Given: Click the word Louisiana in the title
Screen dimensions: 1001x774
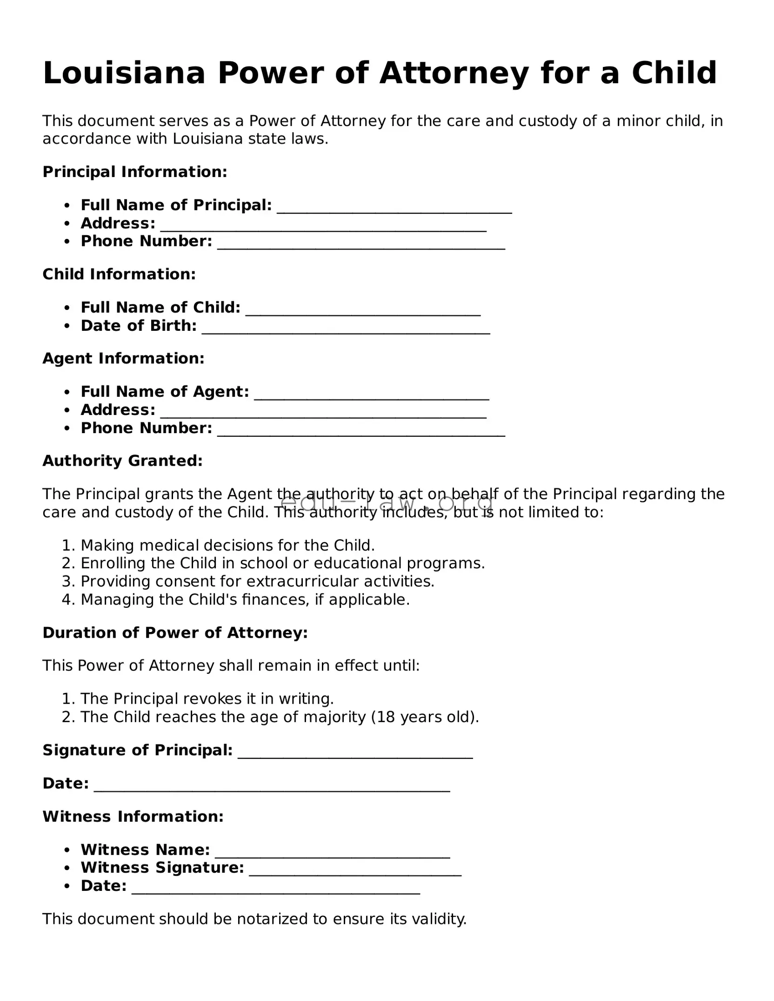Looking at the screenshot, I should [124, 73].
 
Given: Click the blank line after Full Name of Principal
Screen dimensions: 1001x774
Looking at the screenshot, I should [394, 207].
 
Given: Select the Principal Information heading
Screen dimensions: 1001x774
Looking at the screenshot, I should [135, 172].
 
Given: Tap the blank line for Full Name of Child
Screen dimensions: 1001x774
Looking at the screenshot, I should [363, 310].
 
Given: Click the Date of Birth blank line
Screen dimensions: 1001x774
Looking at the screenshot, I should [346, 328].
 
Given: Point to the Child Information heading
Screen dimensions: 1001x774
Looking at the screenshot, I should [119, 274].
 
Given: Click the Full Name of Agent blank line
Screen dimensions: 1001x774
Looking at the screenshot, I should [372, 394].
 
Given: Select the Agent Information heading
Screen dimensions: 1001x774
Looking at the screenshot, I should [123, 358].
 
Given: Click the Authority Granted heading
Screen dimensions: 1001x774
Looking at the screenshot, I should [123, 461].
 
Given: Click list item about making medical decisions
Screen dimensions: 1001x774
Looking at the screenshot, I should [227, 545].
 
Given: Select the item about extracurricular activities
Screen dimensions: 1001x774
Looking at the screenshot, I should [257, 581].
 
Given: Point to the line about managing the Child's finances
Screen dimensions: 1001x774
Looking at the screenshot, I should [245, 599].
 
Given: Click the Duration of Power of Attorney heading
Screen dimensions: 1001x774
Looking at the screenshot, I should [175, 632].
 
